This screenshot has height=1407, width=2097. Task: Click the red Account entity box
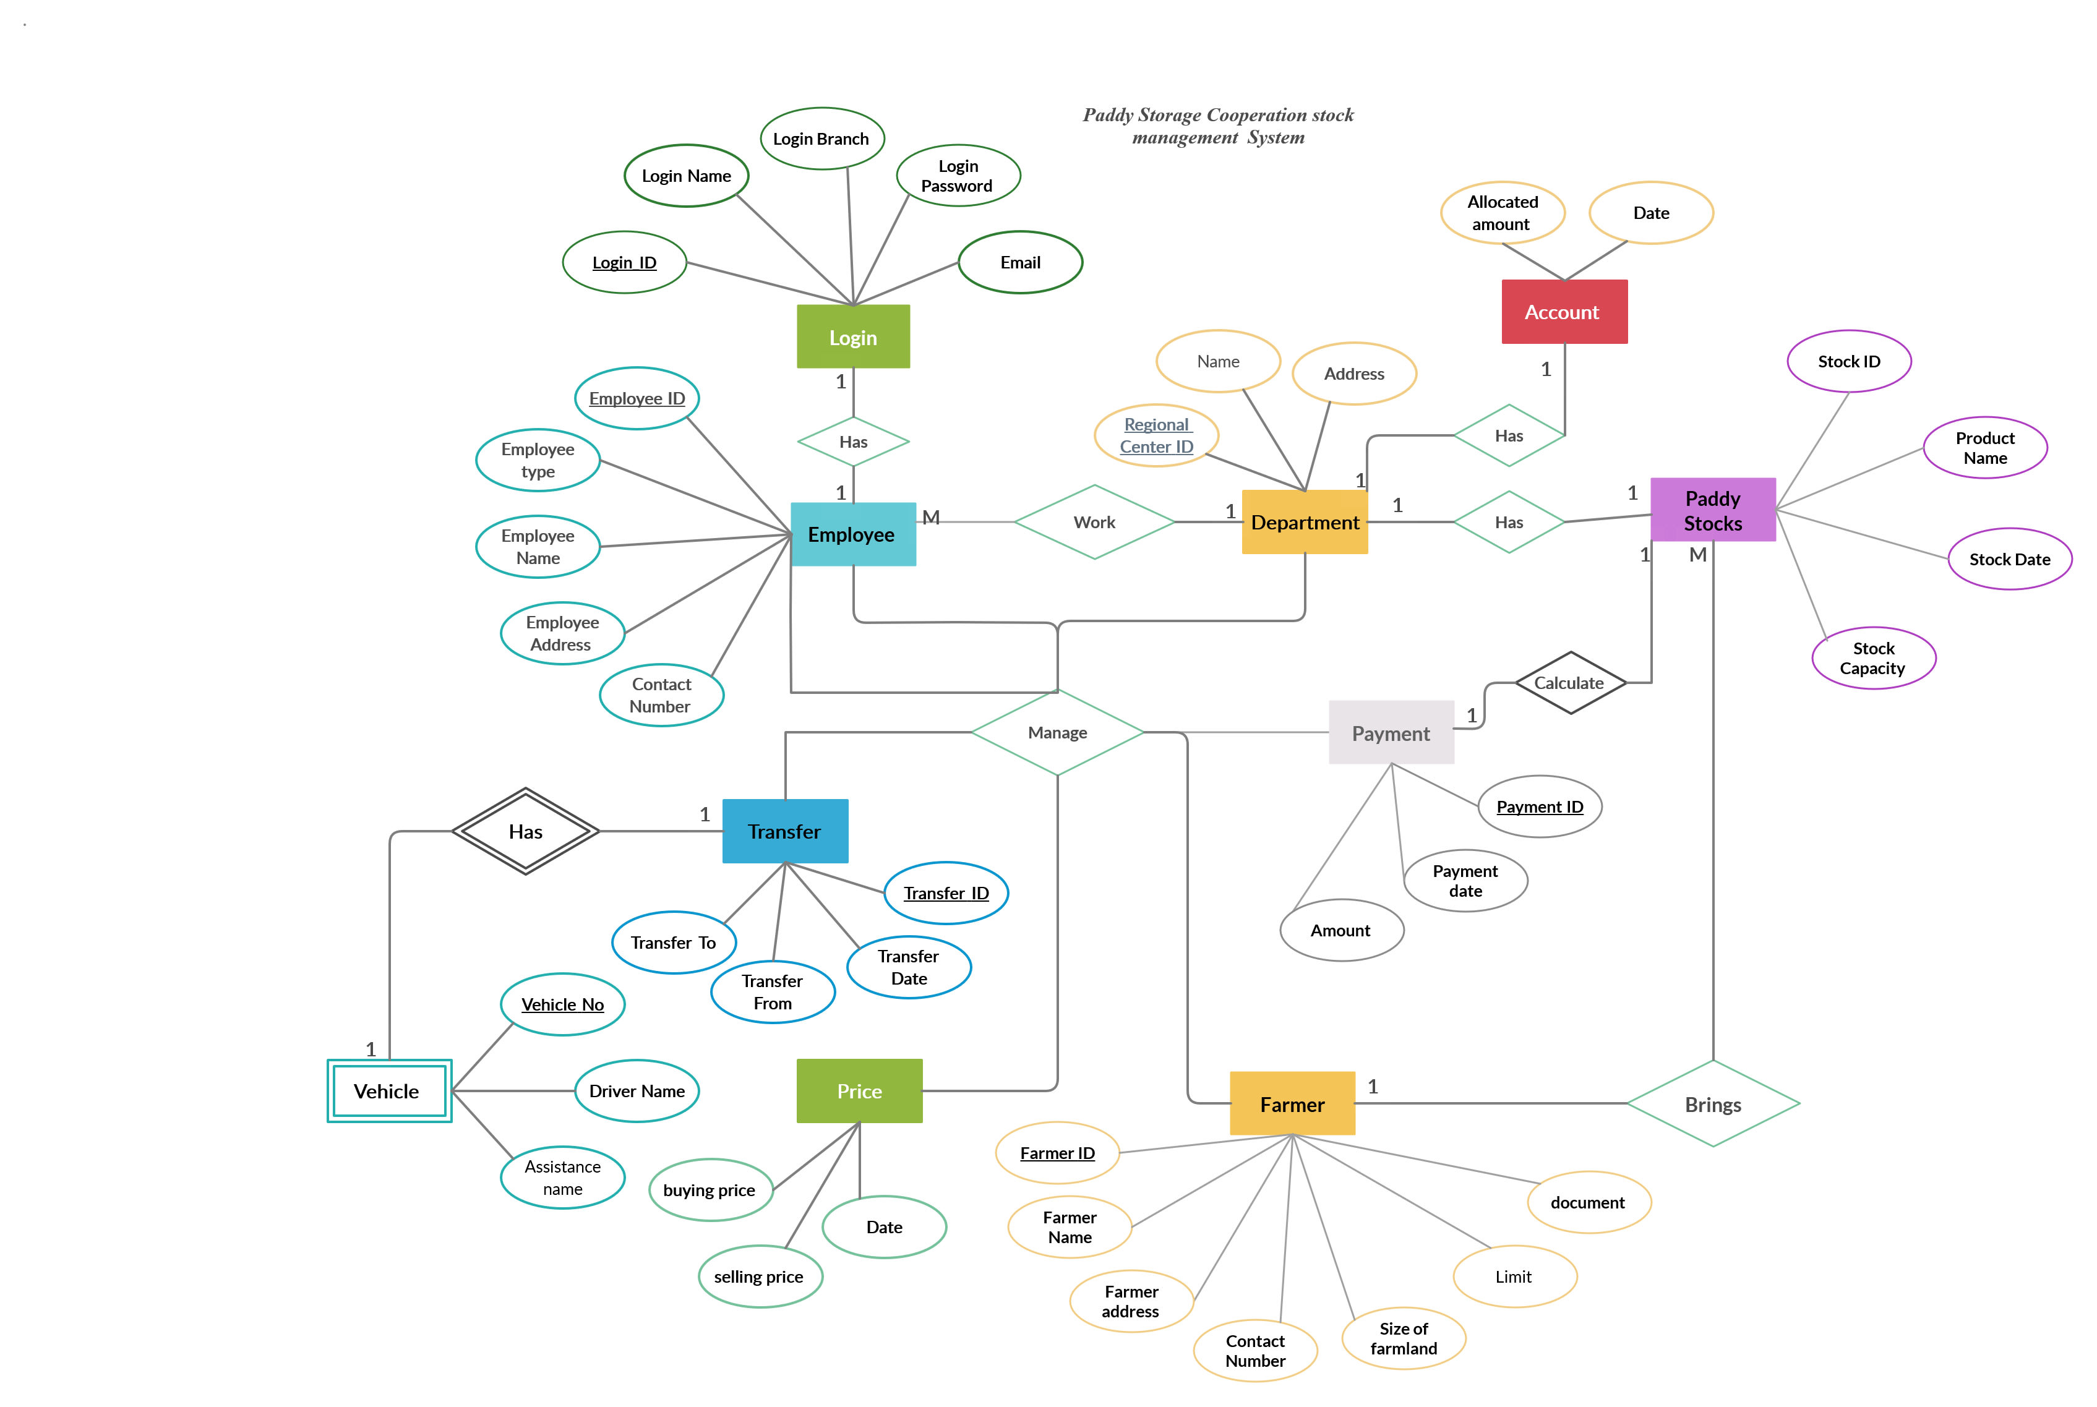pyautogui.click(x=1563, y=311)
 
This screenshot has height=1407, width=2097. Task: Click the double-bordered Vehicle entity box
pyautogui.click(x=388, y=1090)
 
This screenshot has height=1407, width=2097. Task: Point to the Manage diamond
pyautogui.click(x=1057, y=732)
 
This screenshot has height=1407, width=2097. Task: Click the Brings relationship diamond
pyautogui.click(x=1712, y=1104)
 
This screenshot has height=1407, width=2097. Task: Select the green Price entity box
pyautogui.click(x=859, y=1090)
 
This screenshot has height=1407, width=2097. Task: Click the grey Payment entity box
pyautogui.click(x=1390, y=732)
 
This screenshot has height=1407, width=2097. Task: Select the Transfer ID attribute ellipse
pyautogui.click(x=946, y=893)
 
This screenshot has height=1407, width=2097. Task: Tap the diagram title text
pyautogui.click(x=1217, y=126)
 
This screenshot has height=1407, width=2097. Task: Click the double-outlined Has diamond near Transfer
pyautogui.click(x=525, y=831)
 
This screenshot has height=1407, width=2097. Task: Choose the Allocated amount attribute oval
pyautogui.click(x=1502, y=213)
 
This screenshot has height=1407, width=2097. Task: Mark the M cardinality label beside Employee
pyautogui.click(x=930, y=517)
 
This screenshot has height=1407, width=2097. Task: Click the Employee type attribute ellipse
pyautogui.click(x=538, y=460)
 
